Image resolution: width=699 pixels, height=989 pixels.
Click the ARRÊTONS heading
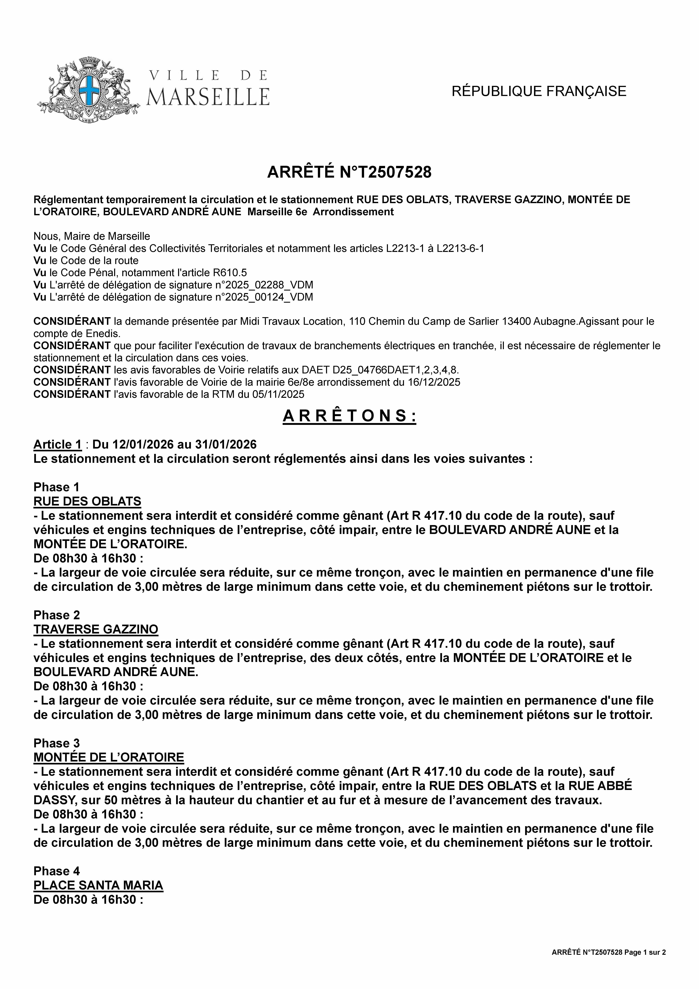(349, 416)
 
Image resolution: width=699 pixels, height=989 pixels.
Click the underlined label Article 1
(58, 445)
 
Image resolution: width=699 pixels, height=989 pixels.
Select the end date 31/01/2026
(226, 445)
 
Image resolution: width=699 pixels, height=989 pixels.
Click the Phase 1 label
(56, 487)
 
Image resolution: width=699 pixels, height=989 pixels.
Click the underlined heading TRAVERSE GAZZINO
(96, 629)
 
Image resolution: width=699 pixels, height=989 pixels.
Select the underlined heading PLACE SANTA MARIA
(98, 885)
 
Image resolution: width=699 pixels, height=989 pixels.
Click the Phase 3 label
(56, 743)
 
